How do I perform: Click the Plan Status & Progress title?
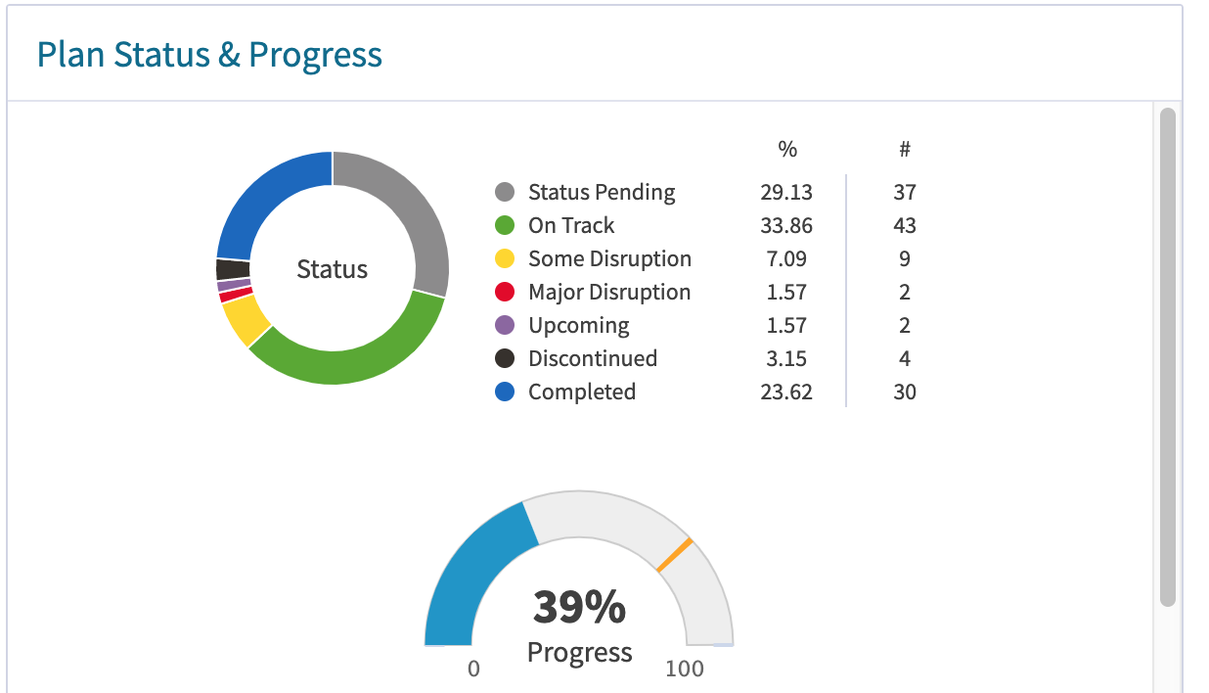click(209, 55)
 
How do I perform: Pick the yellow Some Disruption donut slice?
click(245, 319)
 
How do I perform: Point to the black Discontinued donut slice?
click(232, 269)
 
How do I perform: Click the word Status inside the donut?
click(333, 269)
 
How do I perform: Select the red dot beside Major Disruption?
click(506, 292)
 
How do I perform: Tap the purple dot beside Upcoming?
click(506, 325)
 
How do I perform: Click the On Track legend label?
click(571, 225)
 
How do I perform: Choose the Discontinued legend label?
click(593, 358)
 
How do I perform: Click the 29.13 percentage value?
click(786, 192)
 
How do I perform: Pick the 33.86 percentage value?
click(786, 225)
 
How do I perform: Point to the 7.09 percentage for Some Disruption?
click(786, 258)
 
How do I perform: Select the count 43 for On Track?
click(905, 225)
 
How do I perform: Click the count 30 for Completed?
click(905, 392)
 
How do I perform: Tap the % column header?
click(787, 149)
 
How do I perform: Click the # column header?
click(905, 149)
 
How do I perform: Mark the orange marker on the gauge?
click(675, 555)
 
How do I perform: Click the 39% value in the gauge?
click(579, 607)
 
